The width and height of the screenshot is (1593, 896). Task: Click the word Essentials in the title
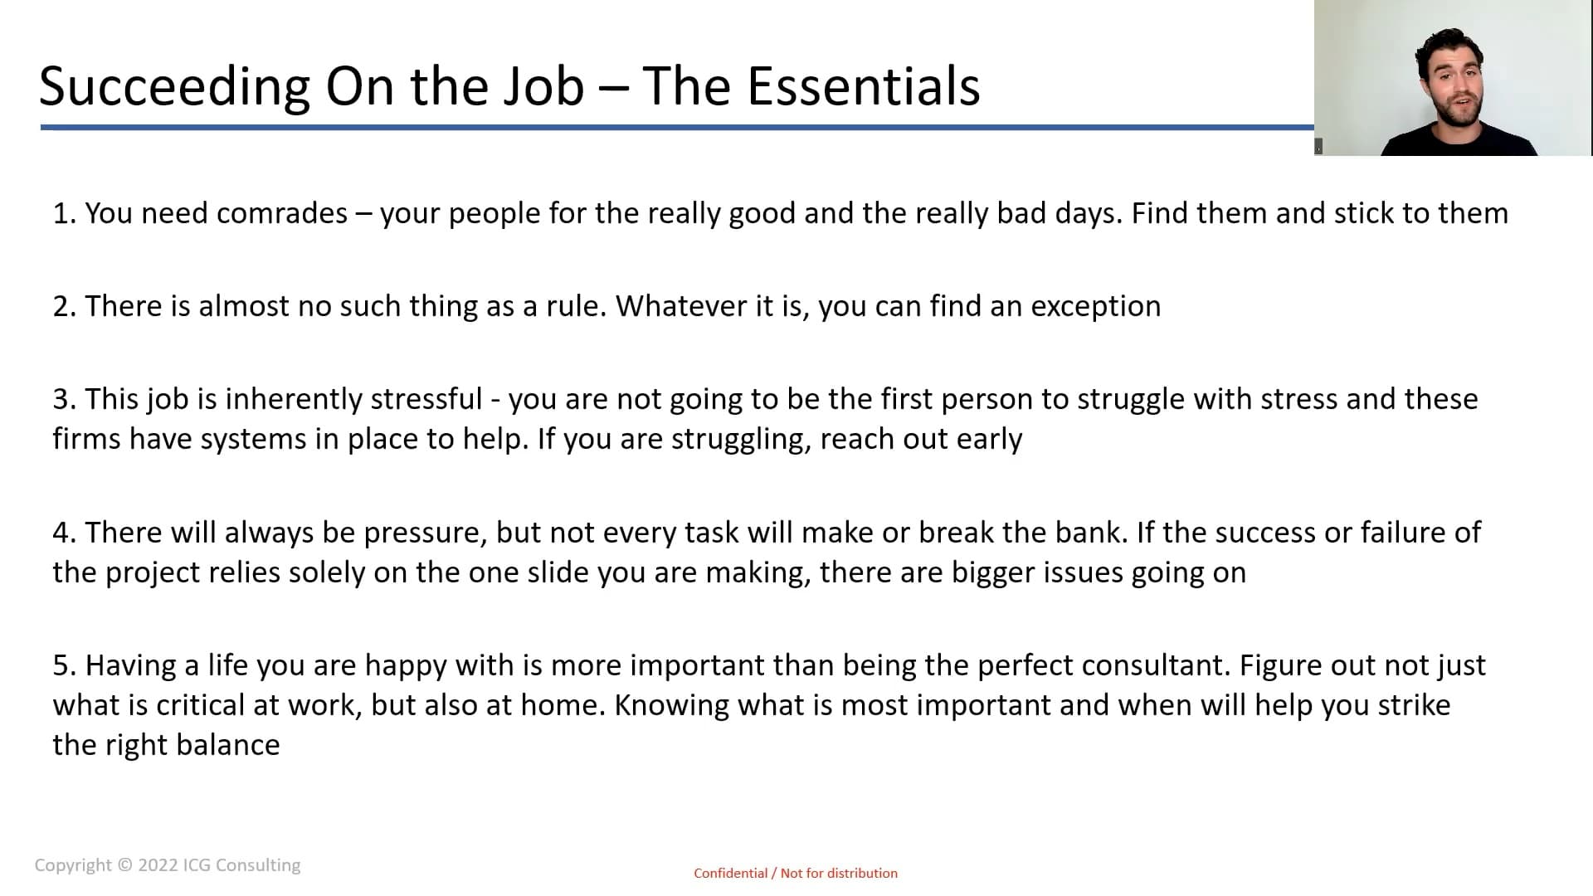click(863, 85)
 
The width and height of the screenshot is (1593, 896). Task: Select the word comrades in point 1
click(282, 213)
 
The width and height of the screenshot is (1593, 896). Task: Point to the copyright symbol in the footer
click(124, 864)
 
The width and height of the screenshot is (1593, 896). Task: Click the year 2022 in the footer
click(158, 865)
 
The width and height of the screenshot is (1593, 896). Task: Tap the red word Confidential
click(731, 873)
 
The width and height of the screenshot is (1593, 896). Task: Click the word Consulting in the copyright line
click(258, 865)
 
